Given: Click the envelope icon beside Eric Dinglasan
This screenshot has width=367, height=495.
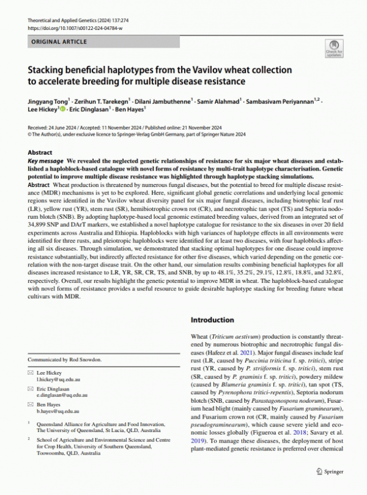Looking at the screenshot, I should pos(31,388).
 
